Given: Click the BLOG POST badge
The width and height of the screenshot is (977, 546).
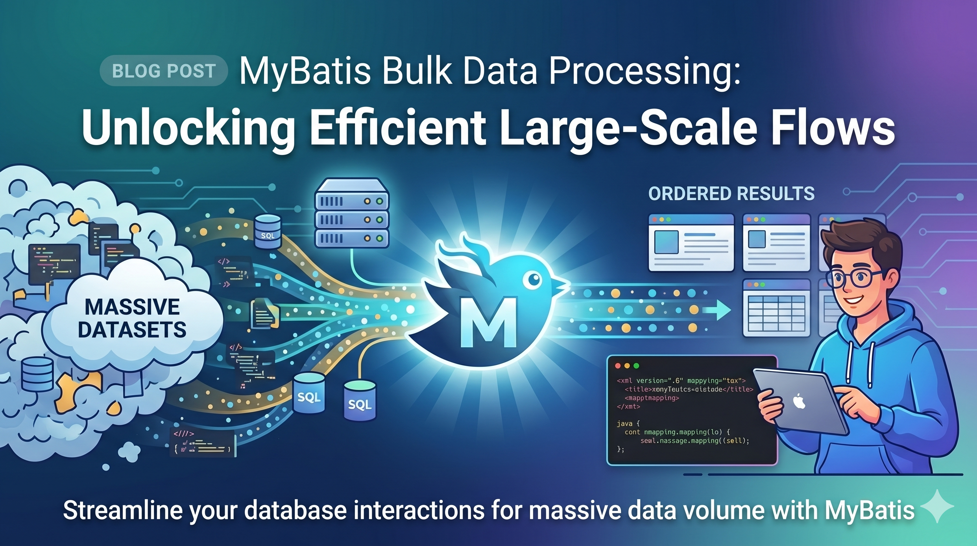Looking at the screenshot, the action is [163, 71].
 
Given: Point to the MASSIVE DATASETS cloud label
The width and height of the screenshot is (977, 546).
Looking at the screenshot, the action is [132, 318].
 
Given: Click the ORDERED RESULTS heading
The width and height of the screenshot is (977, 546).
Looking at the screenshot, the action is [731, 194].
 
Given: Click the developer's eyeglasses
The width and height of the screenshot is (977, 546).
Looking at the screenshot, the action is [854, 279].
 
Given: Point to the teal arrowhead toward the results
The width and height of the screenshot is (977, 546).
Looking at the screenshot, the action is [722, 310].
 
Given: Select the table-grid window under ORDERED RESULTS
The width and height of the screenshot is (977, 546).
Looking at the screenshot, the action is [776, 308].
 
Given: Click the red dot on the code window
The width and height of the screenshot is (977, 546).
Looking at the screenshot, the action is [617, 366].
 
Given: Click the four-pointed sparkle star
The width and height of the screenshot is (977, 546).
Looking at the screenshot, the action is [937, 507].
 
